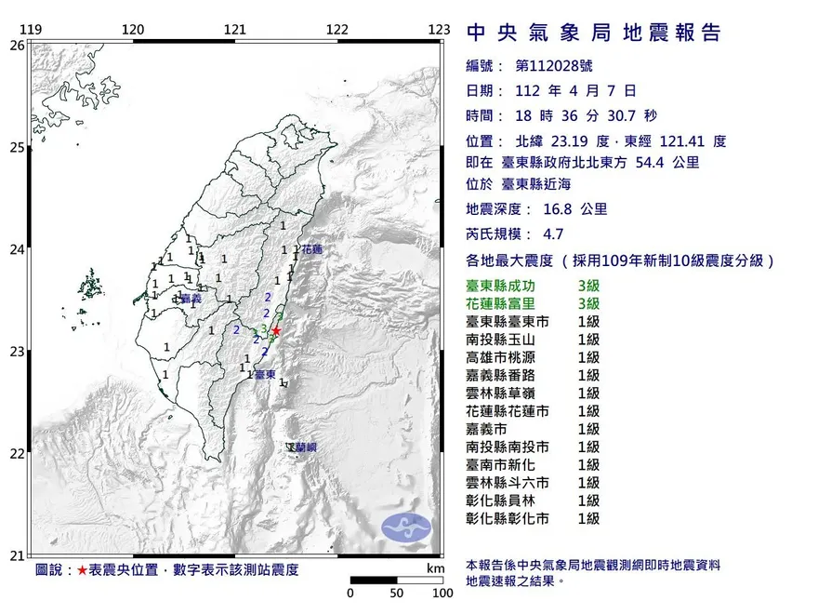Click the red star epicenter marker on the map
point(276,330)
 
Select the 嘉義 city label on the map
point(191,299)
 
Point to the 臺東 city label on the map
point(264,375)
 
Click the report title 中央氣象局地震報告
point(593,33)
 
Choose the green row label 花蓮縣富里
point(508,304)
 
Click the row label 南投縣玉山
point(508,340)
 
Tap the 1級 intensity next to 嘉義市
point(587,429)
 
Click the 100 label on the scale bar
point(442,593)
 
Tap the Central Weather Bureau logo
point(407,527)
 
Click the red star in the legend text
point(83,569)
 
